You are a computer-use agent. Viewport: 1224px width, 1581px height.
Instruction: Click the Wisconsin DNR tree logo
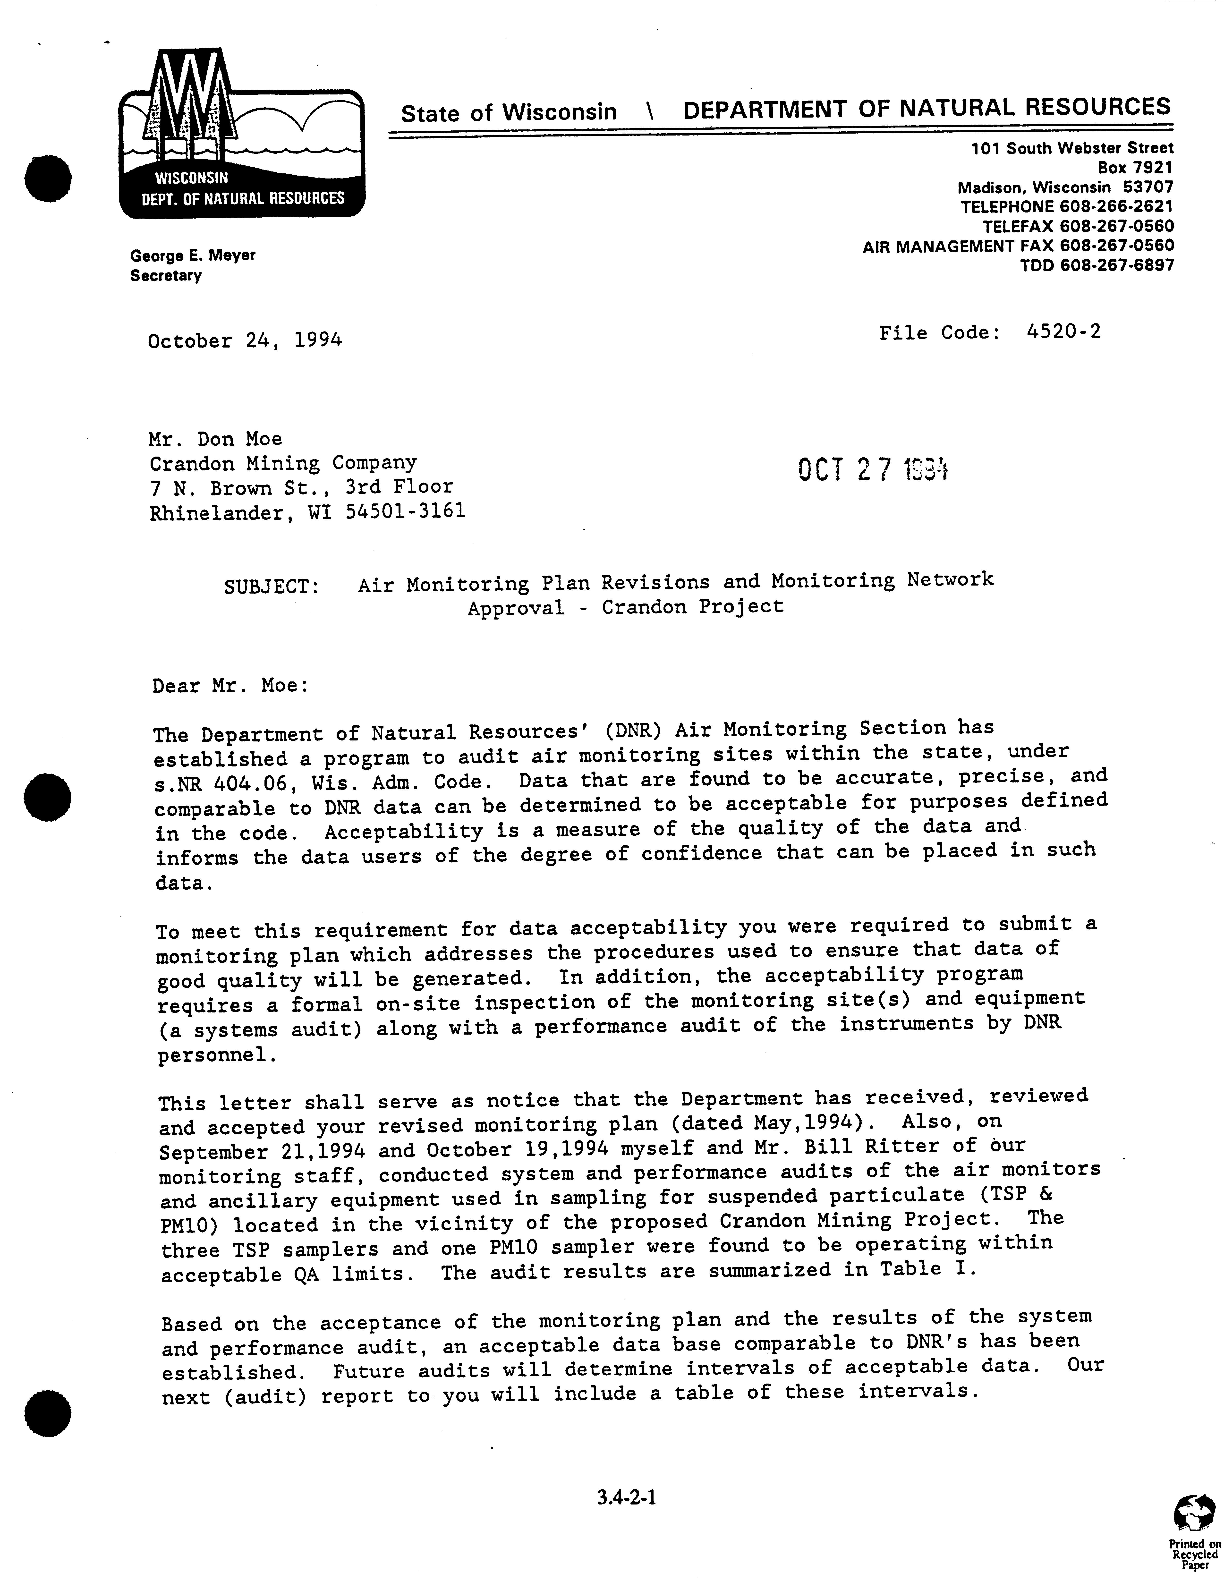point(242,134)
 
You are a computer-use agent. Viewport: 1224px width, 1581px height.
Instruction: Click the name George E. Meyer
point(193,255)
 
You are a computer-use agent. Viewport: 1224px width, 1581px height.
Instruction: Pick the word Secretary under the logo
point(166,276)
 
